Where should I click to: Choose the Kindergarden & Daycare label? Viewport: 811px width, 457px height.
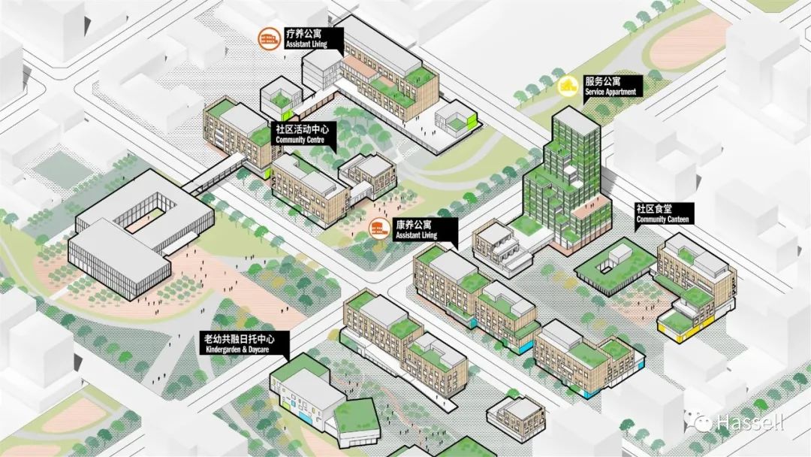pyautogui.click(x=243, y=344)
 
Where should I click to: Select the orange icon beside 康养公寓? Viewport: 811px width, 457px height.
pyautogui.click(x=380, y=229)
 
